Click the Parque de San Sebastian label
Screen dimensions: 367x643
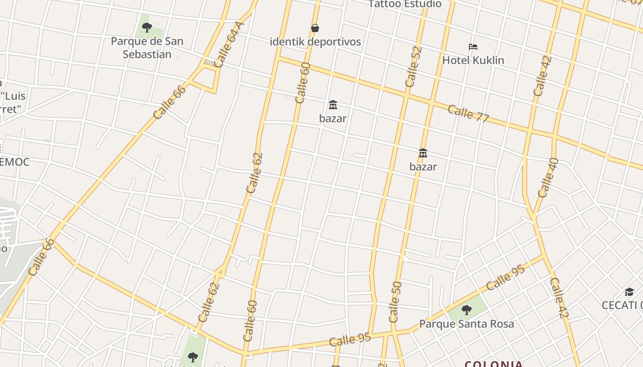(x=147, y=48)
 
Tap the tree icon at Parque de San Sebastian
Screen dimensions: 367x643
(x=147, y=28)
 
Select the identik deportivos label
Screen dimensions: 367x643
(x=315, y=42)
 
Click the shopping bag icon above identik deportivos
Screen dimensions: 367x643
(x=315, y=28)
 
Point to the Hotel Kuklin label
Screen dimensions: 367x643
(x=473, y=60)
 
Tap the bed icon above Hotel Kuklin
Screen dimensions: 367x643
(x=473, y=46)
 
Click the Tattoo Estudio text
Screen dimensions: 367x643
(x=405, y=4)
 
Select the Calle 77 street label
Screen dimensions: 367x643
(x=468, y=113)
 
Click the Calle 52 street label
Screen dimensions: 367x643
(x=413, y=67)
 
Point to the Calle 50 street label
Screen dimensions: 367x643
(x=395, y=302)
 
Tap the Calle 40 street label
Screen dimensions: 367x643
(x=547, y=178)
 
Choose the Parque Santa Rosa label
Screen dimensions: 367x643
(x=467, y=324)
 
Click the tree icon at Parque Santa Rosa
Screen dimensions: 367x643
(x=467, y=310)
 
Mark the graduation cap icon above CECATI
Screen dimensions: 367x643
(x=629, y=292)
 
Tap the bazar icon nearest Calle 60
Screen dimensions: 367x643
(x=333, y=105)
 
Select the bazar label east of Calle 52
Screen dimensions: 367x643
(x=423, y=167)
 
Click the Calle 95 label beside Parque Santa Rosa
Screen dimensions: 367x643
(x=505, y=277)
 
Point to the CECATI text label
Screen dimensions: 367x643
(x=622, y=305)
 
